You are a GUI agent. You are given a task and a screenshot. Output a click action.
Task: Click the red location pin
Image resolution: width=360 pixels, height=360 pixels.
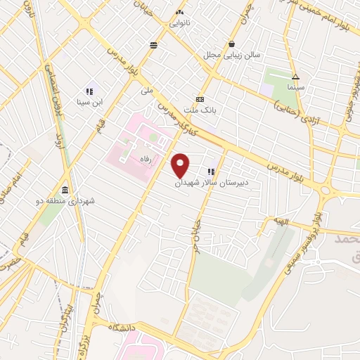[x=181, y=165]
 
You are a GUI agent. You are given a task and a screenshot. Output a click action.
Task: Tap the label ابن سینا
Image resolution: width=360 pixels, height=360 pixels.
[x=90, y=103]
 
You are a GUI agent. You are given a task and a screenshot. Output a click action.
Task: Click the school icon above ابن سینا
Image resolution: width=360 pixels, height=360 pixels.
[x=89, y=91]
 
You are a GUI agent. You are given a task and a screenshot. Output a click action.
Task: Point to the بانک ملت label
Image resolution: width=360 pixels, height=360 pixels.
[x=200, y=110]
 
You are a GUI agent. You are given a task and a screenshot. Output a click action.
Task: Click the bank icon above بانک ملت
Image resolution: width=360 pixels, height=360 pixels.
[x=200, y=99]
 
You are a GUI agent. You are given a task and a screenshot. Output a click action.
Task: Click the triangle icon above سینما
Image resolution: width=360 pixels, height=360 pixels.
[x=295, y=76]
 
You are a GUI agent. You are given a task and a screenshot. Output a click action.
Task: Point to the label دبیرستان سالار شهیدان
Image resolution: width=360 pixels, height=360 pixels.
[x=212, y=182]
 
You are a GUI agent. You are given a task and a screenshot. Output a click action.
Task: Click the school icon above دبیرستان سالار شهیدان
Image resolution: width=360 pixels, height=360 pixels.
[x=211, y=172]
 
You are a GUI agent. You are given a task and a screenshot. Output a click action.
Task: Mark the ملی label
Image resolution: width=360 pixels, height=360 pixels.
[x=146, y=91]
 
